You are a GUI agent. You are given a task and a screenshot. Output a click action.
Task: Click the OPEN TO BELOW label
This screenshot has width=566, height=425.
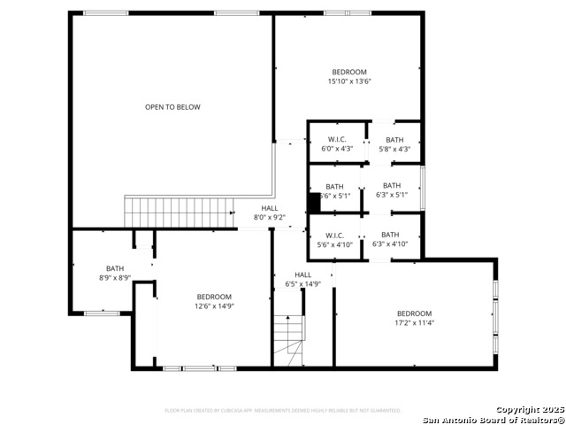(x=172, y=107)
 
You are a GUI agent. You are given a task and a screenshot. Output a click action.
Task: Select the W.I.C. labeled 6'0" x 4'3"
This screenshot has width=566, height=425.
(x=336, y=144)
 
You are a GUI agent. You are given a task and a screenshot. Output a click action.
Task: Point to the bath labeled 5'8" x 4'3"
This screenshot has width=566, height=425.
(x=394, y=144)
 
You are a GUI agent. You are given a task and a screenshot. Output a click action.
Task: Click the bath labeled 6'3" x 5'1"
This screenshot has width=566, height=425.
(x=392, y=190)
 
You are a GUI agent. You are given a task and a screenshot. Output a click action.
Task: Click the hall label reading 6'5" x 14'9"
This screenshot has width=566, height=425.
(x=302, y=279)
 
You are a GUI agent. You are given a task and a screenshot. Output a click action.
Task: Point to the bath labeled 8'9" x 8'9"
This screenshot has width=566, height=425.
(x=115, y=273)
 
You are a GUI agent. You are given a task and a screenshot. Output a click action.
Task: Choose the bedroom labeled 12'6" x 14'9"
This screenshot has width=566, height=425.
(x=213, y=301)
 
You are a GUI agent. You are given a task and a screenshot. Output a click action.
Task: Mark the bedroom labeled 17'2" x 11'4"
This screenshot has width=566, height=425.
(x=414, y=318)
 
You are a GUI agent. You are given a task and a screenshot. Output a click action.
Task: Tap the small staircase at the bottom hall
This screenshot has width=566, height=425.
(x=287, y=341)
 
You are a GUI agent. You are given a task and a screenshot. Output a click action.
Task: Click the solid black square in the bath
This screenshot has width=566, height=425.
(x=313, y=202)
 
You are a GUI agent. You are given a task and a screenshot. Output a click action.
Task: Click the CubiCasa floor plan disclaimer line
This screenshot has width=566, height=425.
(x=283, y=411)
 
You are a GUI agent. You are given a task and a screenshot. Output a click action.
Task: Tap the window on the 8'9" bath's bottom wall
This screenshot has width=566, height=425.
(x=103, y=313)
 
